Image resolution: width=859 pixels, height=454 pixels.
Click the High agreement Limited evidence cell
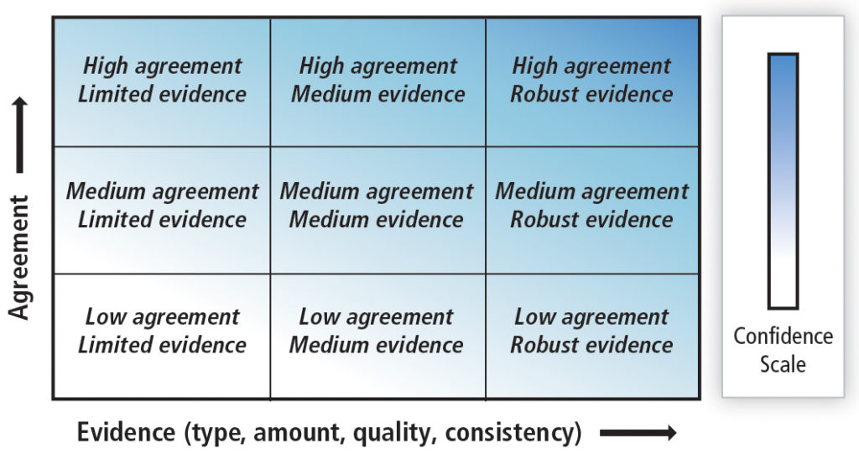(x=162, y=82)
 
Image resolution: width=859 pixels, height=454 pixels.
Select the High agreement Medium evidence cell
(x=378, y=82)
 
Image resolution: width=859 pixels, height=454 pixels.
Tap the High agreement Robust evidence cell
(x=592, y=82)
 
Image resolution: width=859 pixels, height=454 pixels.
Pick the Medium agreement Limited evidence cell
(x=162, y=210)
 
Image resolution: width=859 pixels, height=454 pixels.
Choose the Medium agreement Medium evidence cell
(x=378, y=210)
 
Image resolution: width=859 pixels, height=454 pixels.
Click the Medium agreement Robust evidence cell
(x=592, y=210)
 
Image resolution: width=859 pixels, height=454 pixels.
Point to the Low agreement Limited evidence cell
(x=162, y=337)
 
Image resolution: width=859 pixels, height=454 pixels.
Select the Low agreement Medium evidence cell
(x=378, y=337)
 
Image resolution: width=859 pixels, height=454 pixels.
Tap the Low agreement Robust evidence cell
(x=592, y=337)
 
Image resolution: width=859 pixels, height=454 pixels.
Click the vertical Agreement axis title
(x=18, y=257)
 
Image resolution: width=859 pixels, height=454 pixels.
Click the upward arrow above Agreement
(x=19, y=135)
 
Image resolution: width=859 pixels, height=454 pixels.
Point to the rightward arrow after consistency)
(x=638, y=433)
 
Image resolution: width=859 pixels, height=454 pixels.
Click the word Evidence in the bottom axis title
(x=126, y=432)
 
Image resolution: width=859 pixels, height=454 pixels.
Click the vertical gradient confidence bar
(x=783, y=181)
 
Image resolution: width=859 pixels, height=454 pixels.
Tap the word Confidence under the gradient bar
(x=783, y=337)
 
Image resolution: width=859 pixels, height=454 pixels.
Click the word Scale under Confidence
(x=783, y=364)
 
